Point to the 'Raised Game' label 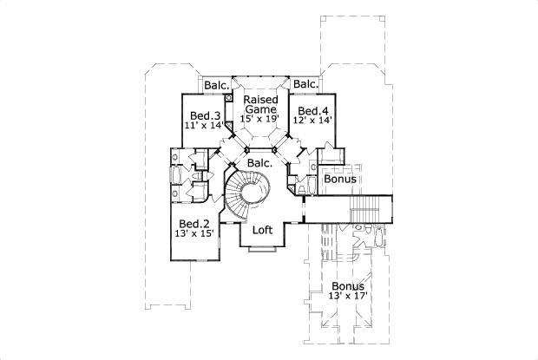click(260, 105)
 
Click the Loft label click(263, 231)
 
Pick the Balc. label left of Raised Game click(216, 85)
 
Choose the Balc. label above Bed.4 click(305, 84)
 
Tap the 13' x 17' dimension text click(346, 297)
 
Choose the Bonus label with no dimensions click(339, 180)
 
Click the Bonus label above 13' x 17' click(346, 285)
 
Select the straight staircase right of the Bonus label click(365, 208)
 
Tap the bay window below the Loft click(262, 252)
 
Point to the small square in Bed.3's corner click(228, 99)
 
